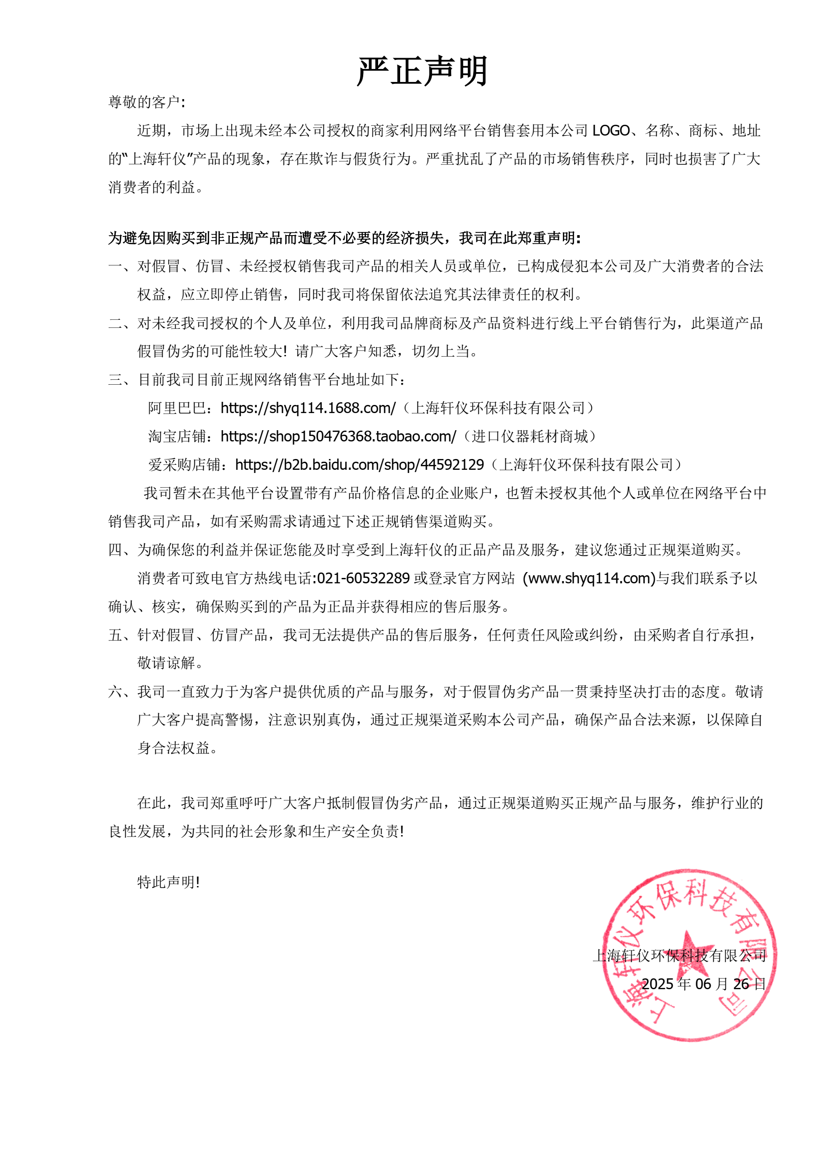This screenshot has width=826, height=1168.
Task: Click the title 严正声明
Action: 422,71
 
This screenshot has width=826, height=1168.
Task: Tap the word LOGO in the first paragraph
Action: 610,131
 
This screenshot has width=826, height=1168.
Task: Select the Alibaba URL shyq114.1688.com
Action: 308,408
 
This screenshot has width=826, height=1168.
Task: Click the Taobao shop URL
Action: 338,436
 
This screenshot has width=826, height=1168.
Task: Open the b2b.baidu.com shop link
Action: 359,464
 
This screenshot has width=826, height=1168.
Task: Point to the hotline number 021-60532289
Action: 363,578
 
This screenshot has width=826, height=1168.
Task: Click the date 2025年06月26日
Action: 703,984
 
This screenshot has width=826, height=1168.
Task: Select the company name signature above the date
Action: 680,956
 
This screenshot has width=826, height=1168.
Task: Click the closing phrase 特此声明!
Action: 169,882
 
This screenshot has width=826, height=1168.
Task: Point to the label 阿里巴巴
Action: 177,408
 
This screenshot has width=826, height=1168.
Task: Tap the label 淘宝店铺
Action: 177,436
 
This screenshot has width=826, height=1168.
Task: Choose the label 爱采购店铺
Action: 184,464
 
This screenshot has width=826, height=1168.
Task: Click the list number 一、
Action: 119,267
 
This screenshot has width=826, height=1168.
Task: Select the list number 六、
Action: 119,692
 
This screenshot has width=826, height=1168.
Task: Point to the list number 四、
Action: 119,550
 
